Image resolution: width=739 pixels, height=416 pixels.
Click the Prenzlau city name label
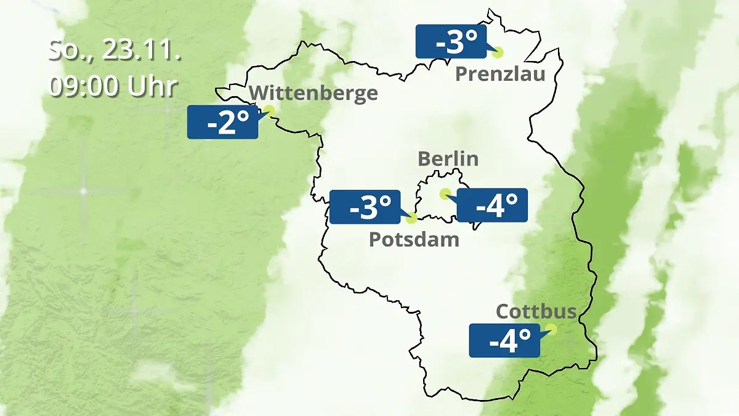coord(500,75)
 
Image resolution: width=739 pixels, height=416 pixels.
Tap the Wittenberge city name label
coord(313,93)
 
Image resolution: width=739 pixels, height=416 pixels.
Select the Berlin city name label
coord(448,158)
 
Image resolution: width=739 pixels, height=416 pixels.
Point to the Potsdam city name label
coord(414,239)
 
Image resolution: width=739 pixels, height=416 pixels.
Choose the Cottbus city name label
coord(536,311)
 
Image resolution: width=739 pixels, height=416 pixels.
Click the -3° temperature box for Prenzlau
coord(451,42)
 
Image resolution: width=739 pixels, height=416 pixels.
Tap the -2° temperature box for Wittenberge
coord(222,122)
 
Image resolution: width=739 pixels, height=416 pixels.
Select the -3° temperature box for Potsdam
coord(365,207)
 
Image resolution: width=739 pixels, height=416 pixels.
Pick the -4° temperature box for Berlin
coord(492,205)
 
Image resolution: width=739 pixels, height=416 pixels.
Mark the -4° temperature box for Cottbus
coord(504,340)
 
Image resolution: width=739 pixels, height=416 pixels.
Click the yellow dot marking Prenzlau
coord(497,52)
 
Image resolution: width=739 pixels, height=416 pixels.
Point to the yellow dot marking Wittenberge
coord(269,110)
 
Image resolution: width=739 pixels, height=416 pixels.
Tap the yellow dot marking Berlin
coord(445,194)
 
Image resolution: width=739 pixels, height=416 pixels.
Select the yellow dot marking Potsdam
coord(411,218)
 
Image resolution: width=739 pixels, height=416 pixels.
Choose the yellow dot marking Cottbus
coord(551,329)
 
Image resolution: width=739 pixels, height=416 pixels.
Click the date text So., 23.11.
coord(114,51)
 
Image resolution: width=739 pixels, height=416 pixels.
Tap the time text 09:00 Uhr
coord(113,87)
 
